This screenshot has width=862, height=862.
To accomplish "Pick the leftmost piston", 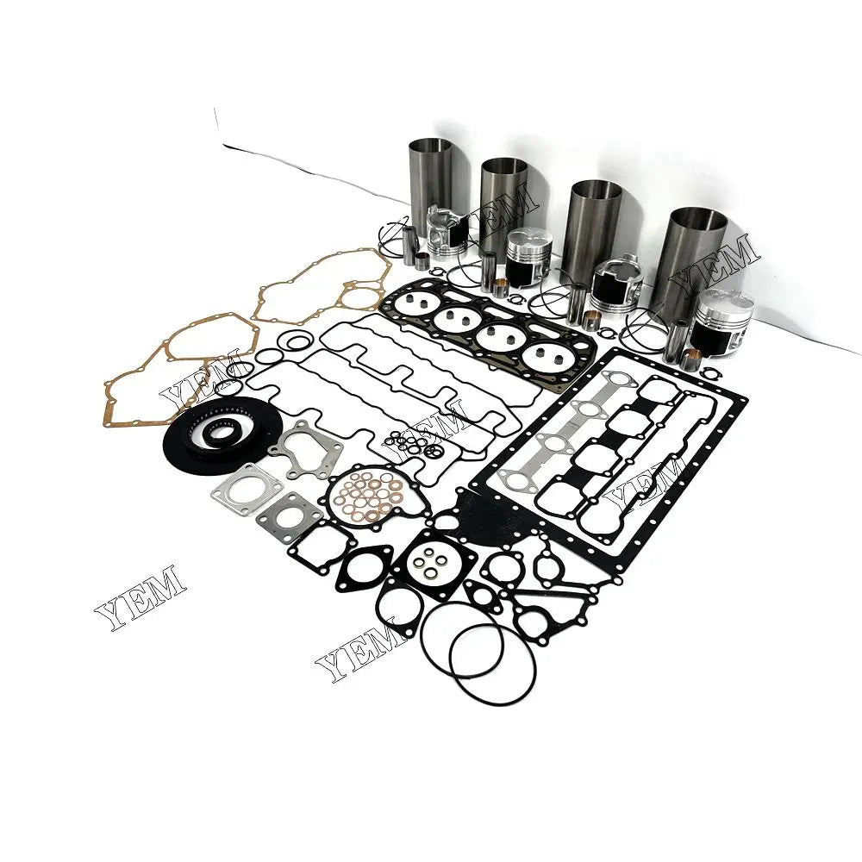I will [447, 235].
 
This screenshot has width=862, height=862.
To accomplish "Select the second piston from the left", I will [528, 256].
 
